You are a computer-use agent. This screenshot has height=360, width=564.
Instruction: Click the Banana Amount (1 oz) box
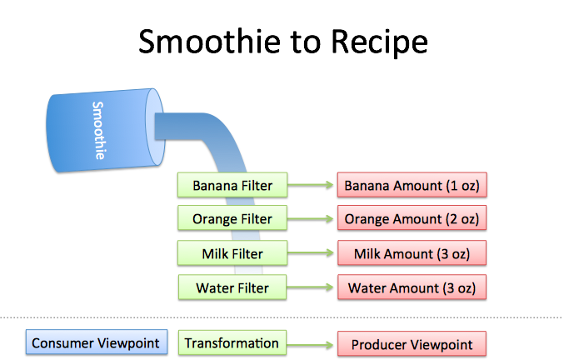click(x=412, y=184)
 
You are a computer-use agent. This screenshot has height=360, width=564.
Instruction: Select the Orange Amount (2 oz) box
click(x=412, y=218)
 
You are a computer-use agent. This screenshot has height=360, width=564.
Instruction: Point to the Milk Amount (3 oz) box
click(x=412, y=253)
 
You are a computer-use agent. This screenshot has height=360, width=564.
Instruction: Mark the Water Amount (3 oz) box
click(x=412, y=287)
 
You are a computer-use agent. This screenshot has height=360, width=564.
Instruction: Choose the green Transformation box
click(x=231, y=342)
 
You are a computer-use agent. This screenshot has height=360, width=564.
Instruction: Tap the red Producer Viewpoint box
click(x=412, y=344)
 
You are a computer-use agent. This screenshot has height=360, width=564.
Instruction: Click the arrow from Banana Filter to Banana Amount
click(x=309, y=184)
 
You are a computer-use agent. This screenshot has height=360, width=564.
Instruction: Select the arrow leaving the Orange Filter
click(x=309, y=219)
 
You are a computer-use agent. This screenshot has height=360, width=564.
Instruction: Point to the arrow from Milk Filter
click(x=309, y=253)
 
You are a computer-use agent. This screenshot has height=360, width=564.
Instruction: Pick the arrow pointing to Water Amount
click(x=309, y=288)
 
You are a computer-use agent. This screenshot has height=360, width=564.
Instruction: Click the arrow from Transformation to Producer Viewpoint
click(x=309, y=343)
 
